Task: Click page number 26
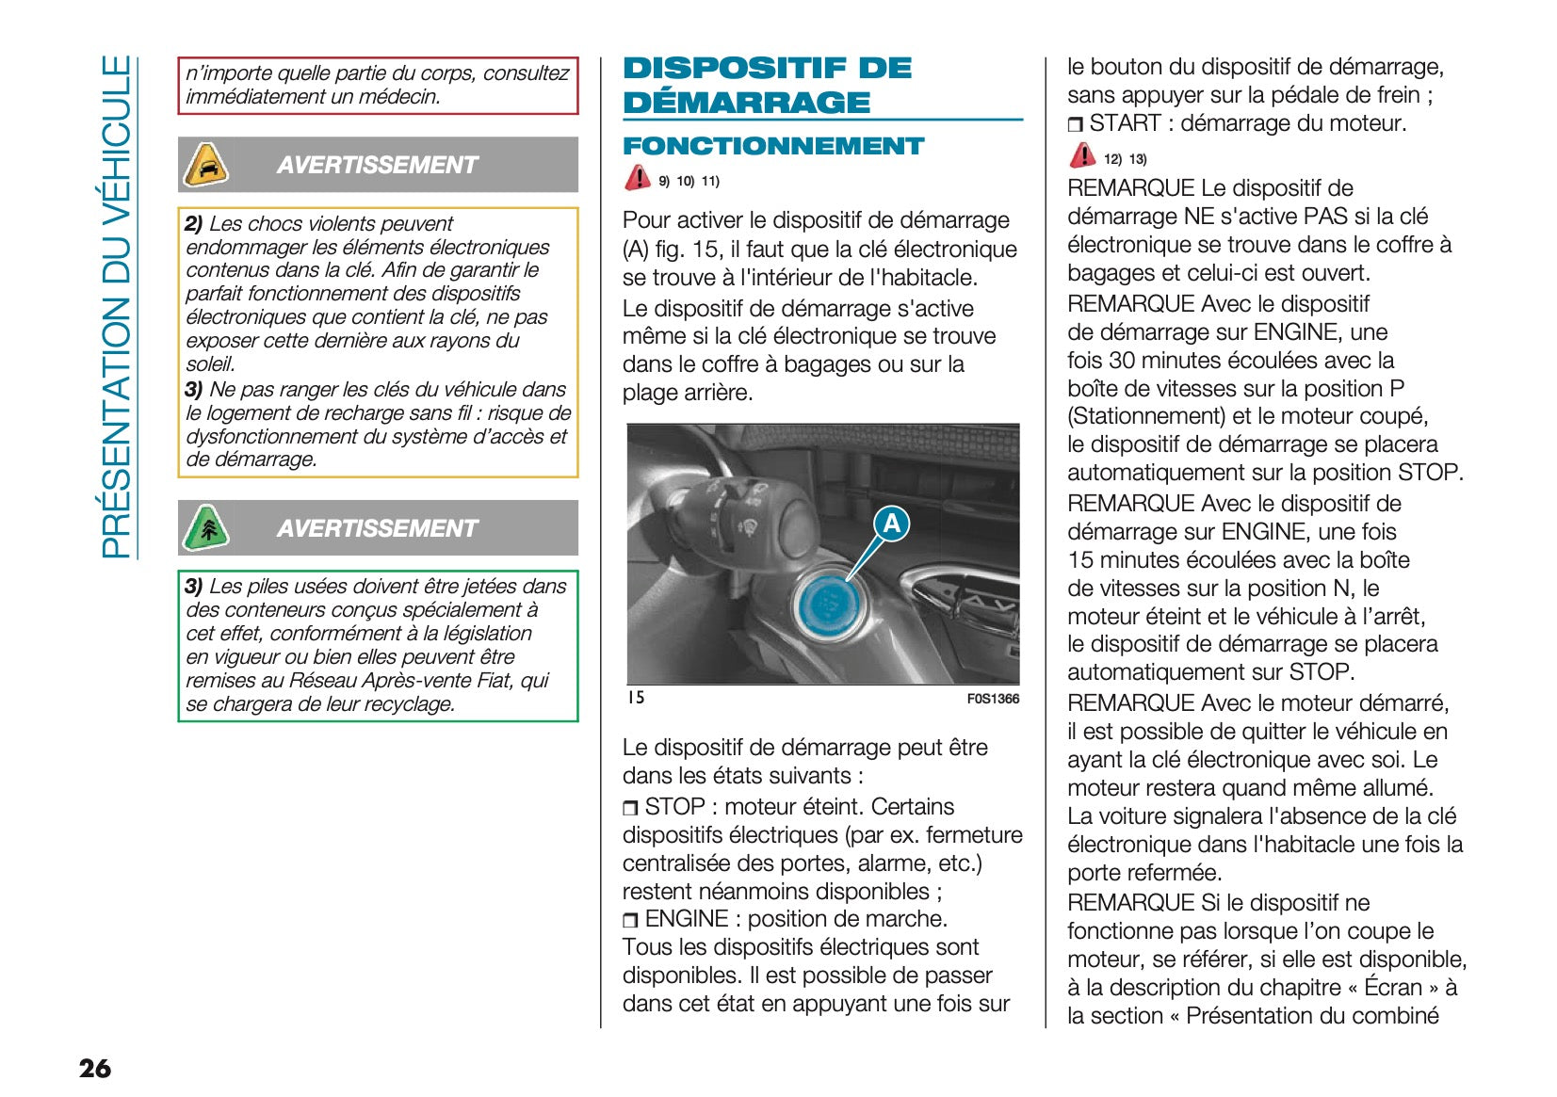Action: point(95,1068)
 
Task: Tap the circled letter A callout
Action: point(891,523)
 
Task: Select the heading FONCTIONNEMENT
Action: point(773,146)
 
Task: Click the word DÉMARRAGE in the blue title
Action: point(746,103)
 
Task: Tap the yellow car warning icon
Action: point(205,165)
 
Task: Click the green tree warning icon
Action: point(205,527)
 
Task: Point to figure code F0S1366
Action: point(993,699)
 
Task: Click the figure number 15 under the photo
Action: point(636,698)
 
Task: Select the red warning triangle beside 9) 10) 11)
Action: point(638,177)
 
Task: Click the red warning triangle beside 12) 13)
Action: point(1082,155)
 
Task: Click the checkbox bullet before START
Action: point(1075,124)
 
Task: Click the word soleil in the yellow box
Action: point(209,364)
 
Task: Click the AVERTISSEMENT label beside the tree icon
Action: point(377,528)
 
